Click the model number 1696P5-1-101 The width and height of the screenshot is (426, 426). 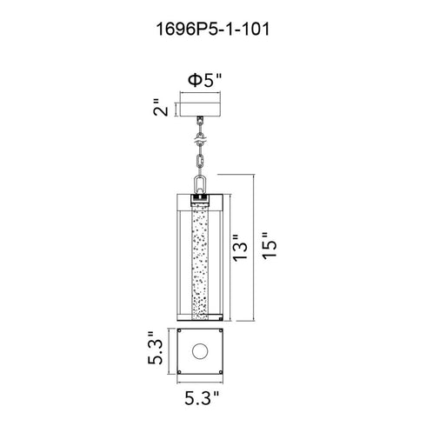point(213,30)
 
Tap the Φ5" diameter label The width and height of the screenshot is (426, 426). point(204,80)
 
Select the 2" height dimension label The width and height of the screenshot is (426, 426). point(160,107)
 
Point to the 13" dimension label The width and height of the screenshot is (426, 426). point(241,248)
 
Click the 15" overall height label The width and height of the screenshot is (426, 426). point(270,246)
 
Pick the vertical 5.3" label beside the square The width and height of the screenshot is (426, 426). point(155,348)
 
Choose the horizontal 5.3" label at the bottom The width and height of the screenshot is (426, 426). point(202,397)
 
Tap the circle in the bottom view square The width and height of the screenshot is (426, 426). point(200,351)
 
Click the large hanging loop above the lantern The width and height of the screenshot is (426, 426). point(200,184)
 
